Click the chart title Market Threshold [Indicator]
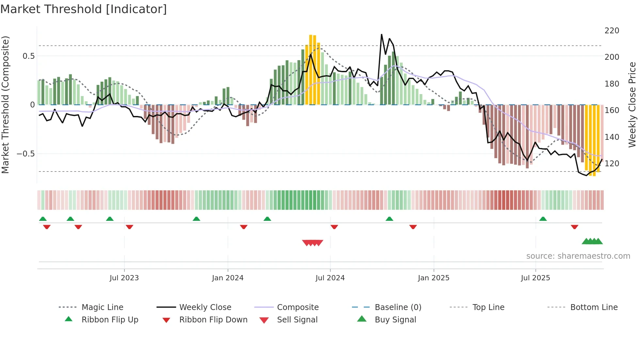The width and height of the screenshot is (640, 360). point(84,9)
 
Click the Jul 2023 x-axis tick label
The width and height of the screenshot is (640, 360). point(124,278)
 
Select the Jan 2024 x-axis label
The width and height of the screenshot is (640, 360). point(228,278)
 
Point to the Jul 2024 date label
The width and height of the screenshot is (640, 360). point(330,278)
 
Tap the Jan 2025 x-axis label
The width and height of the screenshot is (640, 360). point(433,278)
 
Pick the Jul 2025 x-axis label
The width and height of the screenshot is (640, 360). point(535,278)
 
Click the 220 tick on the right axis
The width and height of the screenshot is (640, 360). point(612,31)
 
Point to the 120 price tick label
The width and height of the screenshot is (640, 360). point(612,164)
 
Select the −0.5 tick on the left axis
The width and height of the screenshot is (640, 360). point(25,154)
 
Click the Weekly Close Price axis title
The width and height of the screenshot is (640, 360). point(632,105)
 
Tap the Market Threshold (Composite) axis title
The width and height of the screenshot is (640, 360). point(5,105)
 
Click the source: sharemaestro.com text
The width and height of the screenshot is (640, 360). point(578,256)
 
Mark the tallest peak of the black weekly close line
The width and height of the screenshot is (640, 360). point(381,34)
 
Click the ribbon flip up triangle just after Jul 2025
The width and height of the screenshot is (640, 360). point(543,219)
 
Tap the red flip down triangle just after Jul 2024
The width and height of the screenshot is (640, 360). point(334,227)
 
